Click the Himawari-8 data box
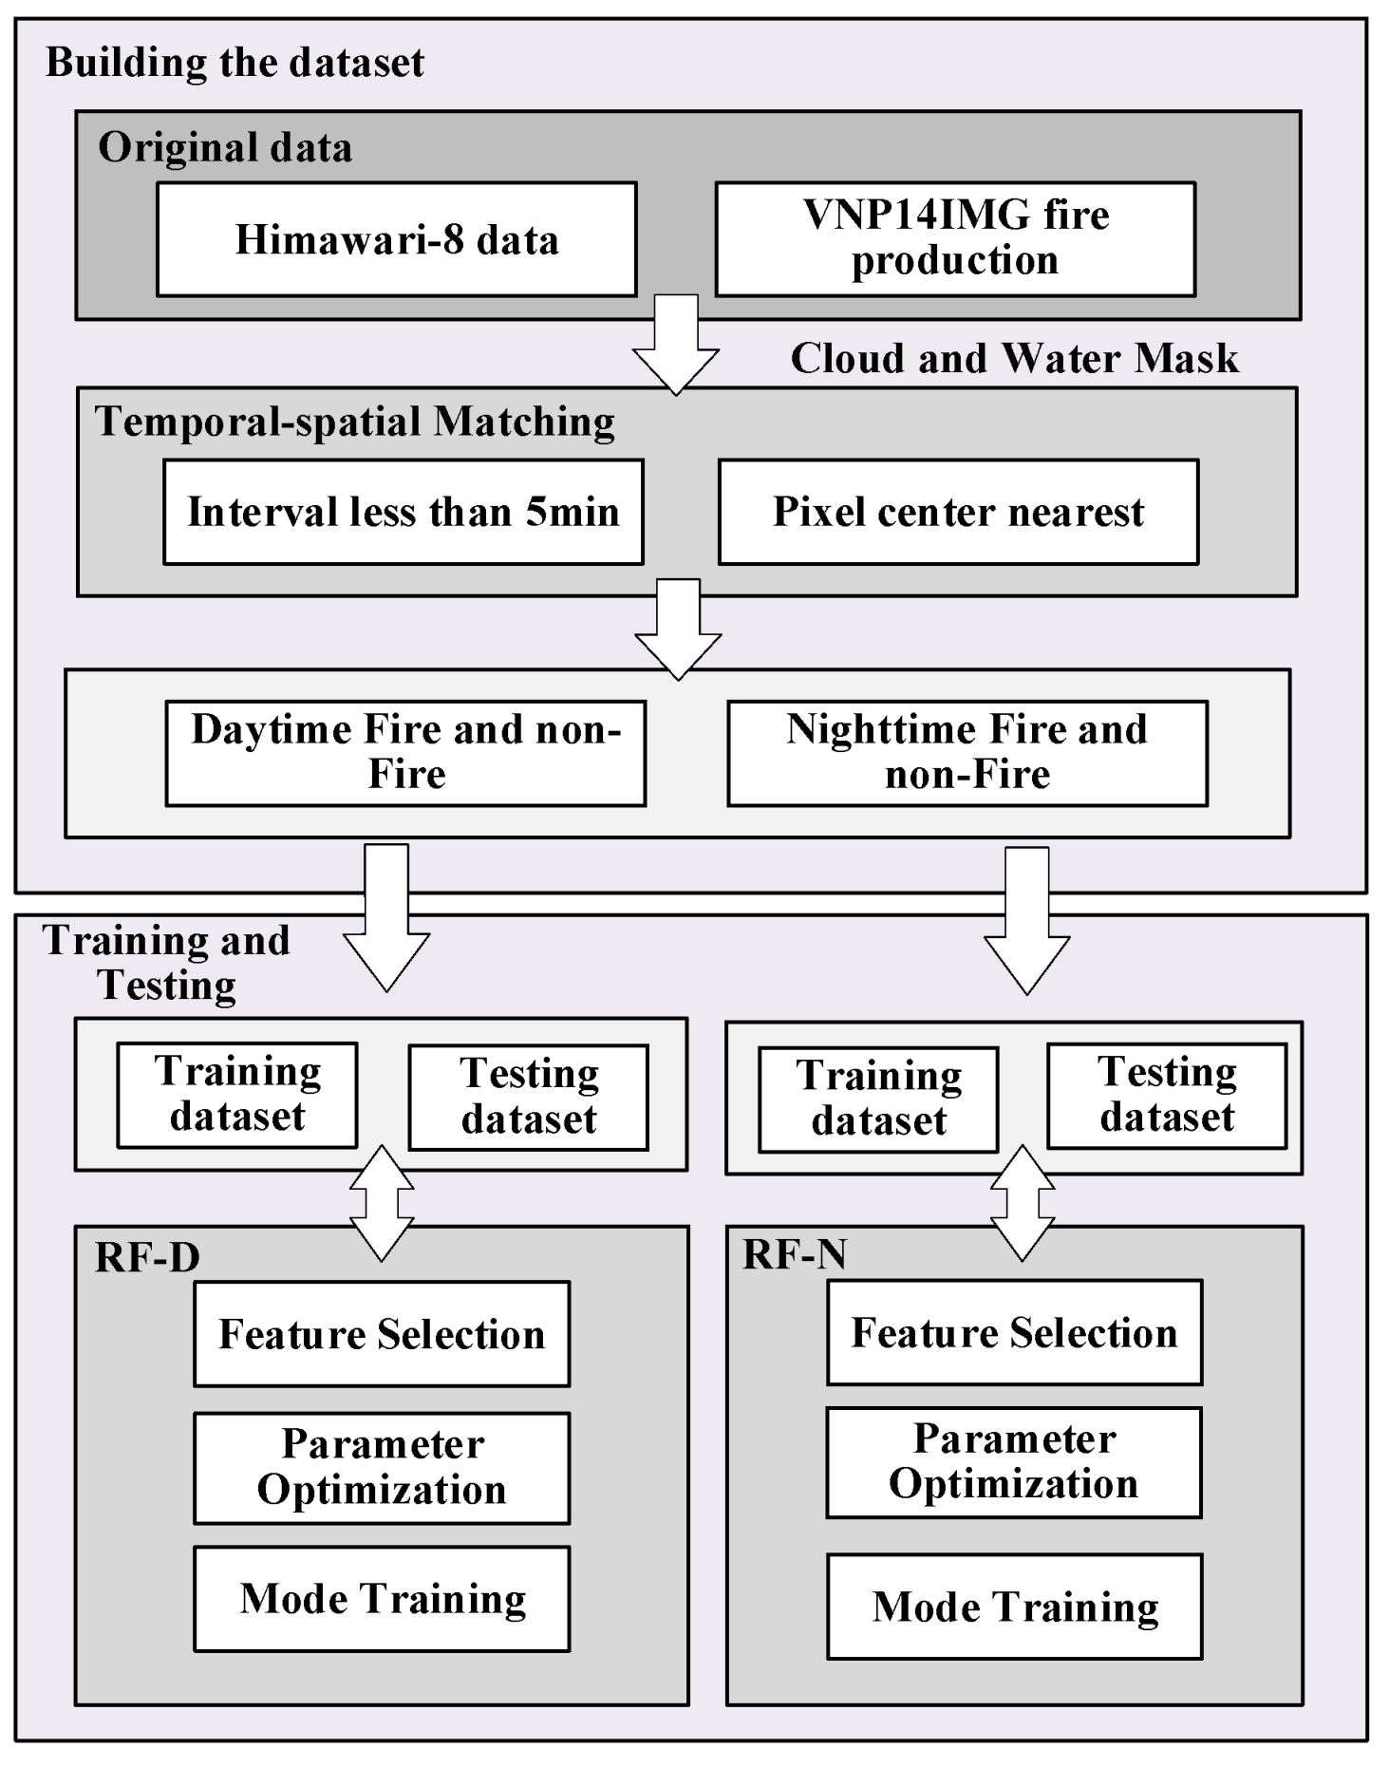[x=396, y=239]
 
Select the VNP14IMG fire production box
[x=955, y=238]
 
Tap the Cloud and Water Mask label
[x=1014, y=358]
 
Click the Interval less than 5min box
[x=403, y=512]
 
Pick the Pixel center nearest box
[x=958, y=512]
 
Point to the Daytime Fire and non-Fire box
[x=405, y=753]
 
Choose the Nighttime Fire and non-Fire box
[x=967, y=753]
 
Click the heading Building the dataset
[x=235, y=63]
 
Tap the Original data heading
[x=225, y=147]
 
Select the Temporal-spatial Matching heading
[x=354, y=422]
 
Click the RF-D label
[x=147, y=1257]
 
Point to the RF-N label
[x=794, y=1254]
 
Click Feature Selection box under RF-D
[x=382, y=1333]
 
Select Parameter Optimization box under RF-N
[x=1013, y=1461]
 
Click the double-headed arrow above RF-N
[x=1023, y=1204]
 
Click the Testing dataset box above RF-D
[x=529, y=1097]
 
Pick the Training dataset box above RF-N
[x=878, y=1099]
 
